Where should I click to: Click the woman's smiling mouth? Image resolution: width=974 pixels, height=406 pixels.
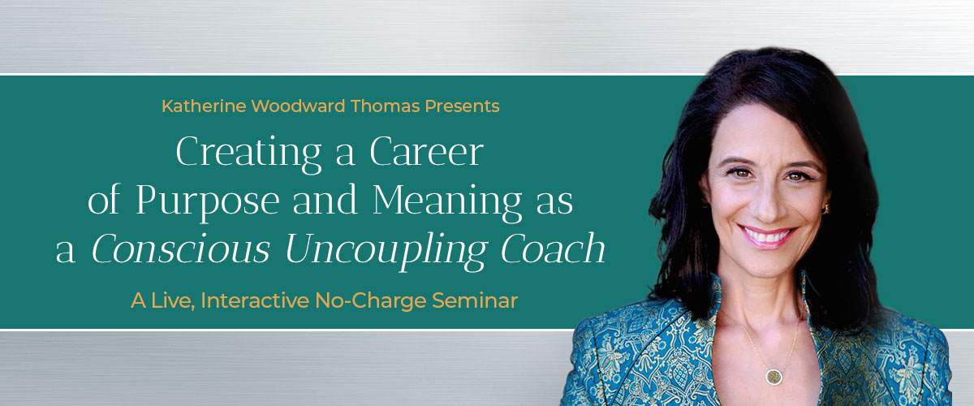[765, 235]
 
